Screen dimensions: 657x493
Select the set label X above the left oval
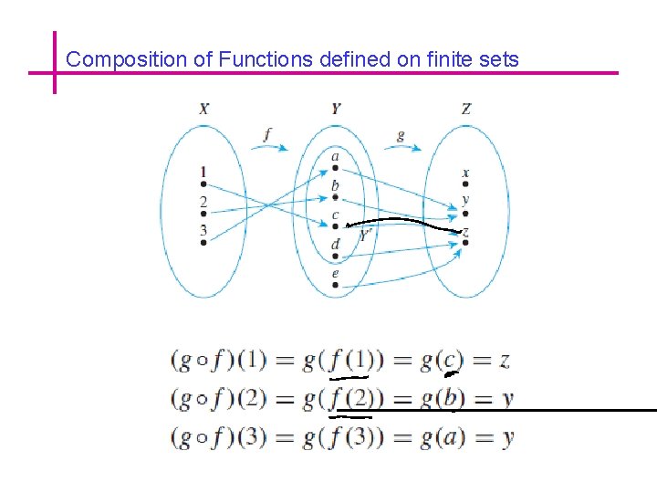203,109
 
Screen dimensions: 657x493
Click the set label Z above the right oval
466,109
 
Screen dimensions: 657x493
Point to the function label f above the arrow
266,134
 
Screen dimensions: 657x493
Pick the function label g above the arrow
401,135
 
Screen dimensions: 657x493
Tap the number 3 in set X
203,229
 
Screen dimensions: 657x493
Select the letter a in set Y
335,157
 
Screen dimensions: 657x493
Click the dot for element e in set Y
336,286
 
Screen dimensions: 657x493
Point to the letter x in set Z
465,172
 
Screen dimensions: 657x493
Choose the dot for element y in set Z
465,213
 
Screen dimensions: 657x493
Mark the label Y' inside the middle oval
364,235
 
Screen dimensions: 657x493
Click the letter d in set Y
335,244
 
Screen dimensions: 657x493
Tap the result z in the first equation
504,361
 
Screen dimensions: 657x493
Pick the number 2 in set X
203,202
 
